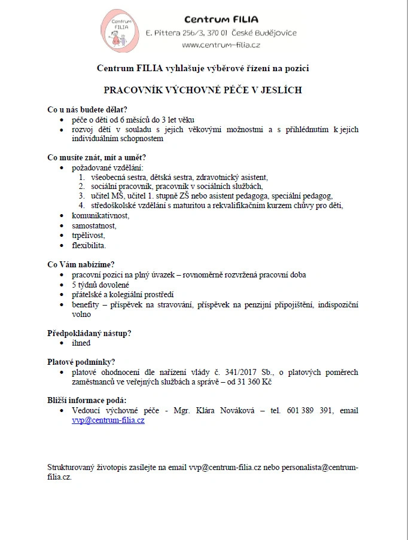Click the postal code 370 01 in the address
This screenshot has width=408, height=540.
[216, 33]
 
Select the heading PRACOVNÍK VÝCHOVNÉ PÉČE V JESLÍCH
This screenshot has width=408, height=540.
[203, 90]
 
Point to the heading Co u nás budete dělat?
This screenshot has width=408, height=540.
[87, 109]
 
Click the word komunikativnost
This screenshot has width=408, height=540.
[101, 215]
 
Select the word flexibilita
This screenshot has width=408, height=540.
[89, 246]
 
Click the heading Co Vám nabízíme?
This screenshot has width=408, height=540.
[81, 265]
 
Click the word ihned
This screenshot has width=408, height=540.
[81, 343]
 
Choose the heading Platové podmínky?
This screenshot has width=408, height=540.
[81, 362]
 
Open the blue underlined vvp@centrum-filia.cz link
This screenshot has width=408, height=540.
[108, 420]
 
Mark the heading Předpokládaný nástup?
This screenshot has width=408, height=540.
[89, 333]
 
